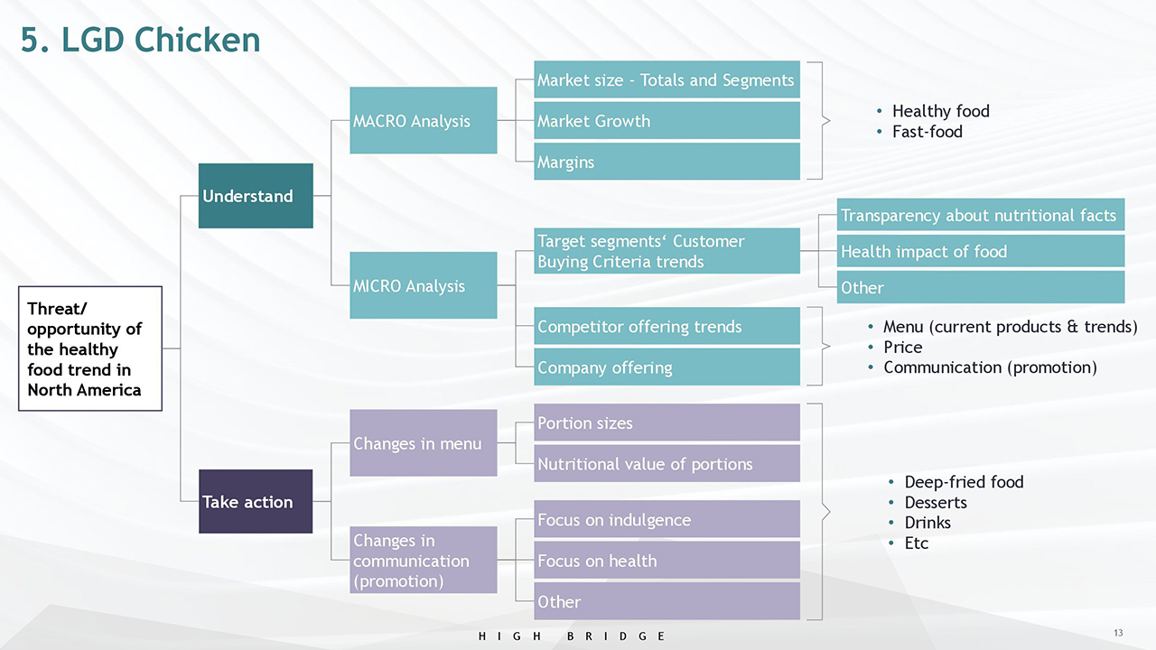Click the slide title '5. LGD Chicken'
(x=140, y=40)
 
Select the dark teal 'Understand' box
(x=256, y=196)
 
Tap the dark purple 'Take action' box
(x=256, y=501)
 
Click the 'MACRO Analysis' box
(x=424, y=120)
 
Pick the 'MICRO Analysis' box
(x=424, y=285)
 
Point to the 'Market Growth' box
(x=667, y=121)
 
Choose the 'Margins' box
(x=667, y=162)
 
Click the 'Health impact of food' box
(x=981, y=251)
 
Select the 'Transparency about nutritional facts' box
(x=981, y=215)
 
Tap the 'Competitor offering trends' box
(x=667, y=326)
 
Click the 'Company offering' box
(x=667, y=367)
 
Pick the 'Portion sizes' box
(x=667, y=422)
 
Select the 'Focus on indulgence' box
(x=667, y=519)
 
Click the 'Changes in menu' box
(x=424, y=442)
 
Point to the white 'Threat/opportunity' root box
(x=90, y=348)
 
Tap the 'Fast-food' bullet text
(x=928, y=132)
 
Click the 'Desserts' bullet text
(x=936, y=502)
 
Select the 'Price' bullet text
(x=902, y=348)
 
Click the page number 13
(x=1118, y=633)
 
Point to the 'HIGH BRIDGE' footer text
(x=572, y=636)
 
